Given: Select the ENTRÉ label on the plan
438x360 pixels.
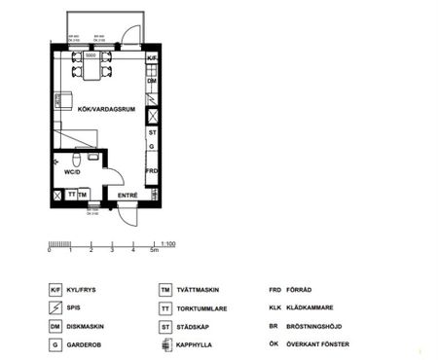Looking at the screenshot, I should (128, 196).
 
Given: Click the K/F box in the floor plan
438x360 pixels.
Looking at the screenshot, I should (152, 59).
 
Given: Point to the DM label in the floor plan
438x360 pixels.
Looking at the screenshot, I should (152, 82).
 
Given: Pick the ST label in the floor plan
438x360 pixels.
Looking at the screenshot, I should (152, 131).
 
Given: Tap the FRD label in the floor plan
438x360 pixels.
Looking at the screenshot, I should (152, 171).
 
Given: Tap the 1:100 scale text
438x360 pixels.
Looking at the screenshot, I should (168, 243).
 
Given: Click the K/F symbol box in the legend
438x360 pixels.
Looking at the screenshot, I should (55, 290).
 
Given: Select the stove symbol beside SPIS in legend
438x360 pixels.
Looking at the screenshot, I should (55, 307).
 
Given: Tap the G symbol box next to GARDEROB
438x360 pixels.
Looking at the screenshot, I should (55, 344).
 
